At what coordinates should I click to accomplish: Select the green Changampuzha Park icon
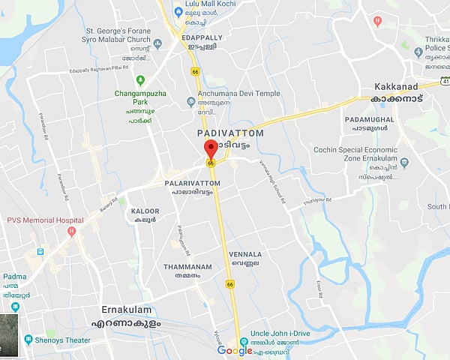click(x=139, y=81)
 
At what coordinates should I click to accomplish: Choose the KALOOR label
click(x=145, y=211)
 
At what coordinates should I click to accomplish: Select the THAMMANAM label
click(x=187, y=266)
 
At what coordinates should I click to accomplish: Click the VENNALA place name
click(x=246, y=255)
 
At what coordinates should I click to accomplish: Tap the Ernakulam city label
click(x=126, y=309)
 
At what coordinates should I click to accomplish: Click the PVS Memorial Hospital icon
click(x=71, y=230)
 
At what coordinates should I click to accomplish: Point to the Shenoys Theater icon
click(x=27, y=339)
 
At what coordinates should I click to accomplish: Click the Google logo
click(x=235, y=350)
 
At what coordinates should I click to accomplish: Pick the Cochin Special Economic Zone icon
click(x=404, y=162)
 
